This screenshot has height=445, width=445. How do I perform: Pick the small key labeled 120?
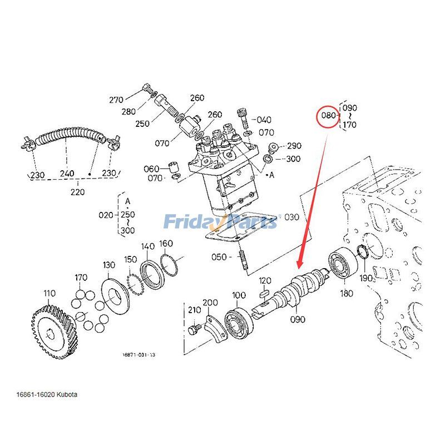tap(265, 291)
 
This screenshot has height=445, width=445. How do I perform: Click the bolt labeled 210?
tap(193, 330)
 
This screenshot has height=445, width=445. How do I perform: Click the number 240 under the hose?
tap(67, 174)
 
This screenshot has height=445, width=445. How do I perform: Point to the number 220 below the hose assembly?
tap(77, 192)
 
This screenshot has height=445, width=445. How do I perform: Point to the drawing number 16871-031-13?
tap(139, 354)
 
